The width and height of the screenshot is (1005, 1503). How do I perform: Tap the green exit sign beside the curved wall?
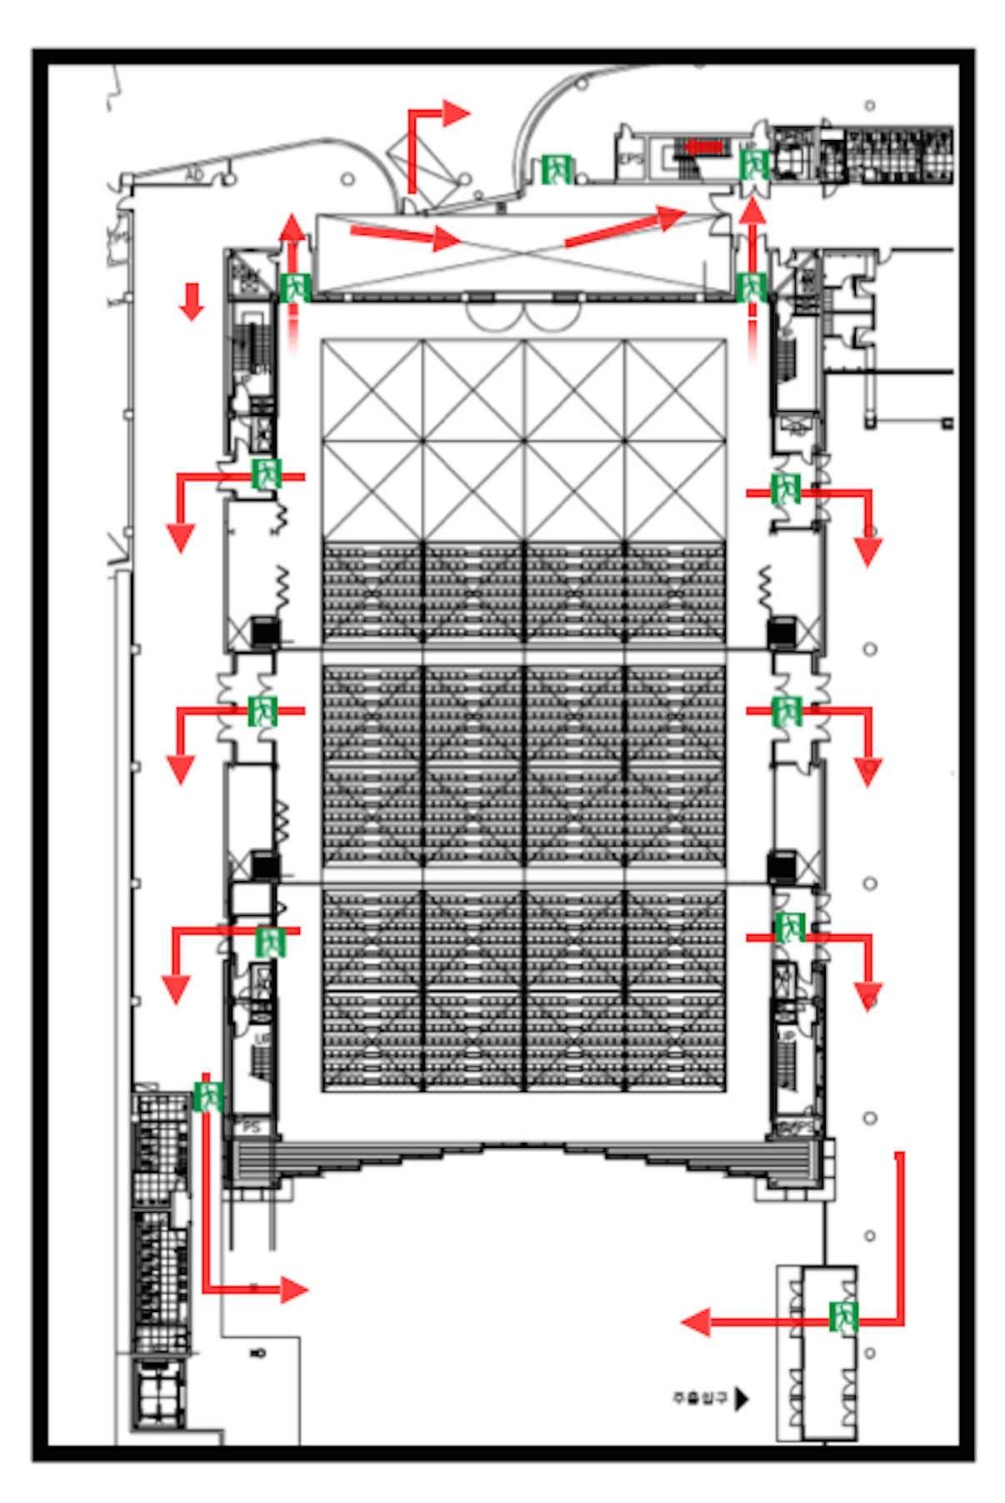click(x=556, y=169)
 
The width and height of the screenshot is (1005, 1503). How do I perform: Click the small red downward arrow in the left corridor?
click(x=192, y=301)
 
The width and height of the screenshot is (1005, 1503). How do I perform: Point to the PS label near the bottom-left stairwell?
click(x=251, y=1127)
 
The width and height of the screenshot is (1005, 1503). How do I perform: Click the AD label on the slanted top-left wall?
click(x=194, y=175)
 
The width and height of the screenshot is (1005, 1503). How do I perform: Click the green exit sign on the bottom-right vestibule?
click(x=843, y=1316)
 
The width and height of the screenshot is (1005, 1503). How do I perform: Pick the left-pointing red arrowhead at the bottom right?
click(x=696, y=1321)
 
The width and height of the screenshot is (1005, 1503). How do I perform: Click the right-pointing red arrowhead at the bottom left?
click(x=294, y=1290)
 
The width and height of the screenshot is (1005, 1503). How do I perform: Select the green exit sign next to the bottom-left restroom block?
click(x=207, y=1095)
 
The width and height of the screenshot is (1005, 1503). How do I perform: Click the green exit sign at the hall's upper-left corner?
click(x=295, y=288)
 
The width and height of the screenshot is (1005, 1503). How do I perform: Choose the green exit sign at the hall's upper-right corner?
click(x=751, y=287)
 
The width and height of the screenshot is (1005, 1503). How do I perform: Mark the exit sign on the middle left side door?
click(x=262, y=711)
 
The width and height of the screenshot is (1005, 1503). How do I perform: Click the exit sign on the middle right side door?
click(x=786, y=711)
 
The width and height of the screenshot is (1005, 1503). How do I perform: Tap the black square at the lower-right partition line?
click(x=782, y=867)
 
